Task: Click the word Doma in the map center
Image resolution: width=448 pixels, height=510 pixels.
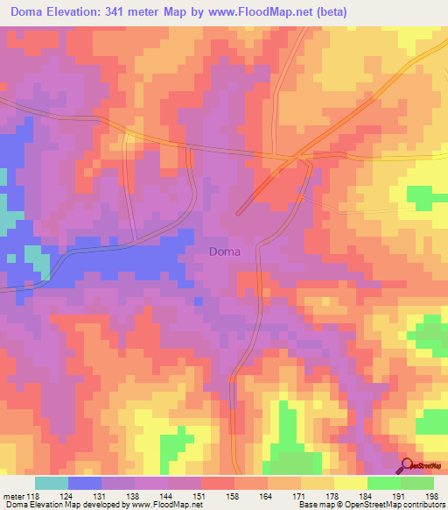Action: [x=225, y=252]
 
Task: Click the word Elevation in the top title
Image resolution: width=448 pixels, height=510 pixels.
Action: [x=80, y=12]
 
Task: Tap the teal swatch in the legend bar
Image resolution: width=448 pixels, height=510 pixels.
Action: [x=52, y=484]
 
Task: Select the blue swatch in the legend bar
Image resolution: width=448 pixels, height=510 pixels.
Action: [x=85, y=484]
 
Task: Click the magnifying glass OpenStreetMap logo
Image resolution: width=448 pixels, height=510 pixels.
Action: [x=407, y=465]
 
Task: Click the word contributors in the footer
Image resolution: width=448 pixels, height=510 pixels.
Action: [x=422, y=504]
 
